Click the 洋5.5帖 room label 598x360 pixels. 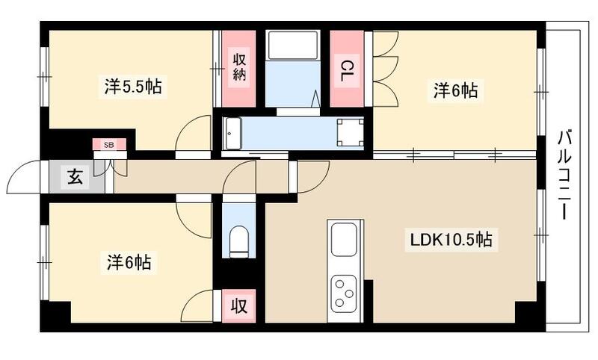(132, 87)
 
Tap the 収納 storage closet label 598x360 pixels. (239, 68)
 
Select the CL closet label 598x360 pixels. (347, 71)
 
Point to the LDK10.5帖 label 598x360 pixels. (449, 240)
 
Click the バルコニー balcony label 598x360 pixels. (566, 175)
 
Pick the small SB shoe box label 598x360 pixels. (109, 144)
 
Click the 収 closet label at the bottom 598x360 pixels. (238, 306)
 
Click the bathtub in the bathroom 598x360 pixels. (293, 46)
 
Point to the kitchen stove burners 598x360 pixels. (345, 291)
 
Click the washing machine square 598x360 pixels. (350, 131)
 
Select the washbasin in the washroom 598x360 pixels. (232, 131)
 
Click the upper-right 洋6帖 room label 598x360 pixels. (455, 90)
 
